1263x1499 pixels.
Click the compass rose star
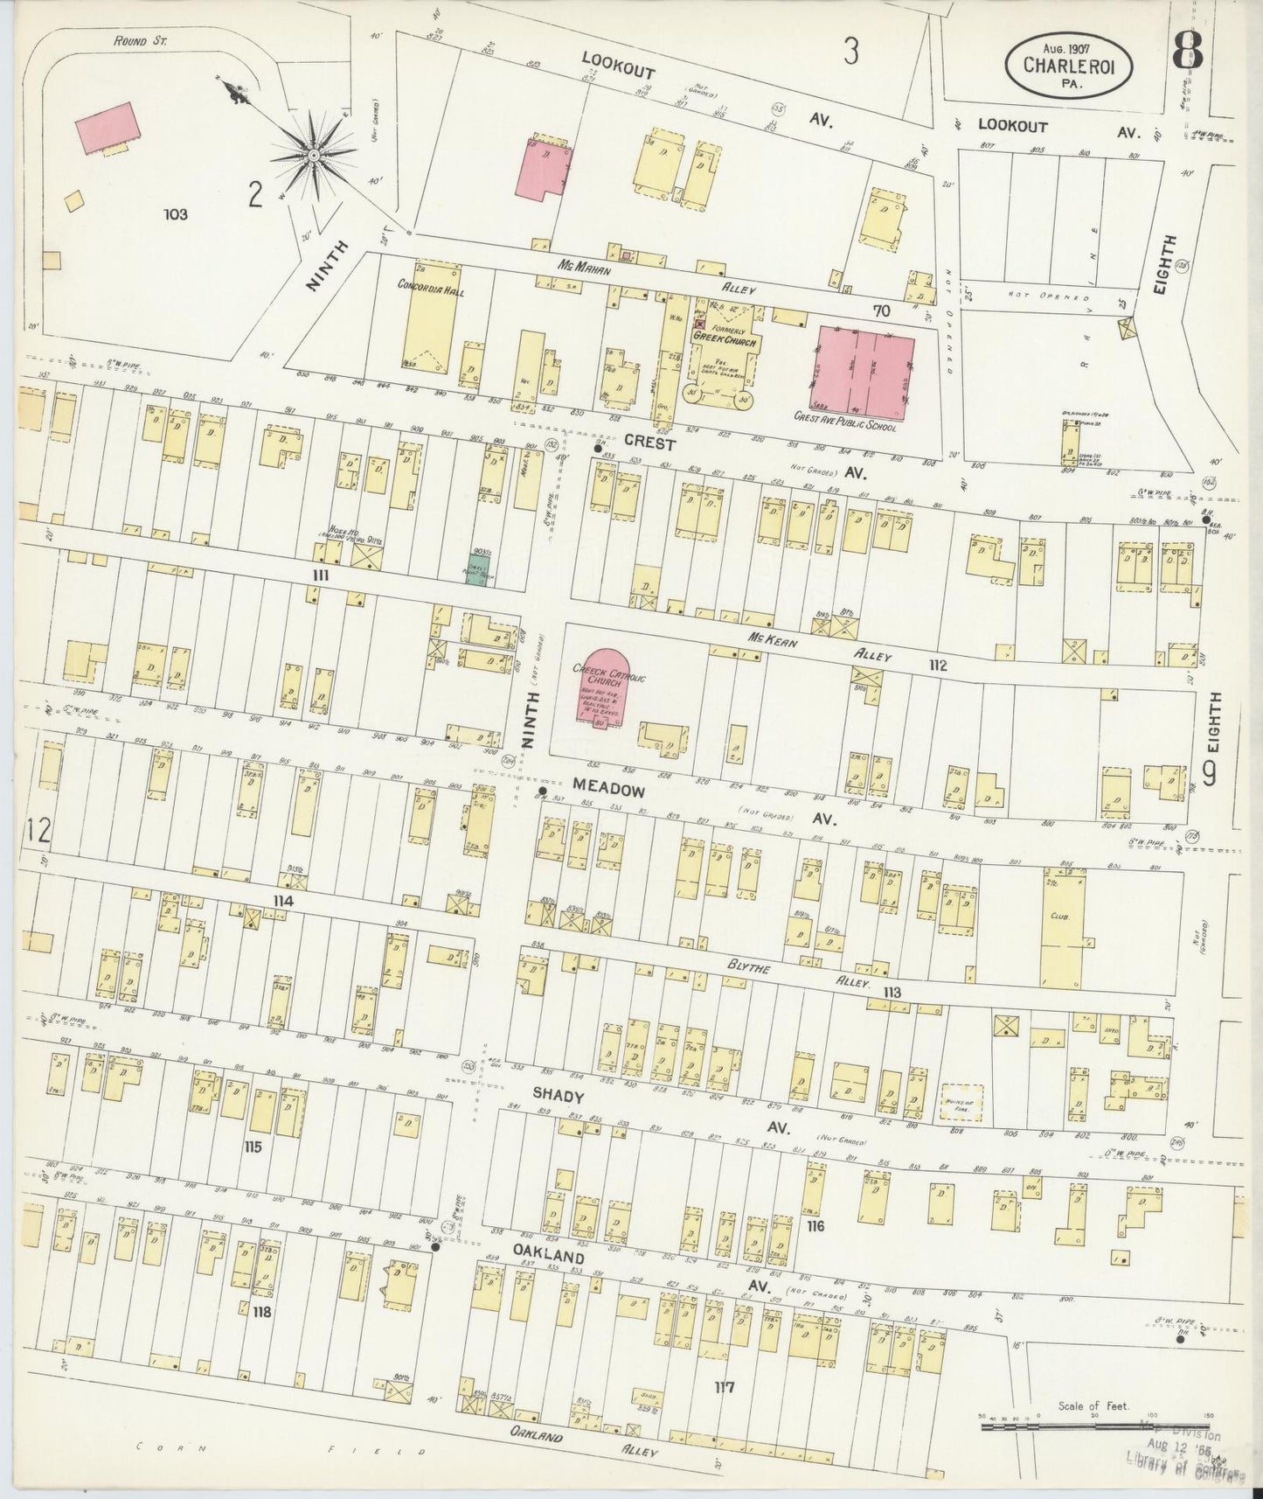pyautogui.click(x=311, y=157)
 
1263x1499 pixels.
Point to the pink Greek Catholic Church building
pyautogui.click(x=602, y=685)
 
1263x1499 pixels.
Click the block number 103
pyautogui.click(x=176, y=213)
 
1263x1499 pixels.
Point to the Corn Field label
pyautogui.click(x=280, y=1450)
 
